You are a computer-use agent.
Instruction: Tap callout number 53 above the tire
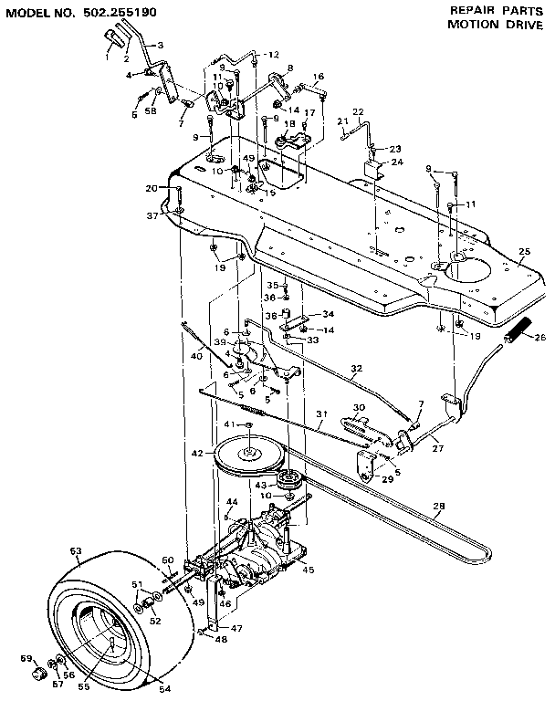tap(76, 551)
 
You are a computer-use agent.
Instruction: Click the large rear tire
tap(100, 621)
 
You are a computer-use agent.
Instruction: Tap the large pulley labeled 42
tap(249, 454)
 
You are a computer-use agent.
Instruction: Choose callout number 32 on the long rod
tap(356, 368)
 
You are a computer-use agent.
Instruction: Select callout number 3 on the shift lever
tap(161, 45)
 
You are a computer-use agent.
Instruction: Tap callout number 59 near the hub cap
tap(26, 658)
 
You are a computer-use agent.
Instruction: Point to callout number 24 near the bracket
tap(397, 162)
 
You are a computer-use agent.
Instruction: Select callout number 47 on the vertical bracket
tap(236, 629)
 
